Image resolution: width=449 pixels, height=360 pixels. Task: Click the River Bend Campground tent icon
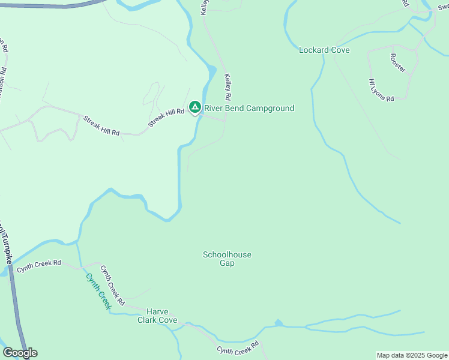(x=194, y=107)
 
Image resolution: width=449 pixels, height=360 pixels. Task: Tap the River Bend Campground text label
(x=249, y=109)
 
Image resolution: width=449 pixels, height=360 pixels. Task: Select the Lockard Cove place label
(x=324, y=50)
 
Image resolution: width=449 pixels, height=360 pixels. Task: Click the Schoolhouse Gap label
(x=227, y=259)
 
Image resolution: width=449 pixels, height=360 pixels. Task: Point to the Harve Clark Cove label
(x=161, y=316)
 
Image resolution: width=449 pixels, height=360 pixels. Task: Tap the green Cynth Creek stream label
(x=98, y=292)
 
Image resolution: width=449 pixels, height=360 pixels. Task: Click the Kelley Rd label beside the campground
(x=228, y=87)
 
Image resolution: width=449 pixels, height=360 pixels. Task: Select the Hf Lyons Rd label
(x=381, y=90)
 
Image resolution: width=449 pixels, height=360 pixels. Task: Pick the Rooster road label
(x=397, y=63)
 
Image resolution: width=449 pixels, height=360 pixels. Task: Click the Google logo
(x=20, y=353)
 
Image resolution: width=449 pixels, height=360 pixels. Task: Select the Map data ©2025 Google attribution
(x=412, y=355)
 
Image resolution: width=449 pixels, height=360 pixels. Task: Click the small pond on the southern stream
(x=279, y=323)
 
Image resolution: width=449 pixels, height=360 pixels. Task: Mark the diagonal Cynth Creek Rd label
(x=112, y=284)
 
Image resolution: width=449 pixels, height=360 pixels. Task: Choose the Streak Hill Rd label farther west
(x=101, y=125)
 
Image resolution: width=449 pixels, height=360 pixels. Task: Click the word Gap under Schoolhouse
(x=227, y=263)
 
